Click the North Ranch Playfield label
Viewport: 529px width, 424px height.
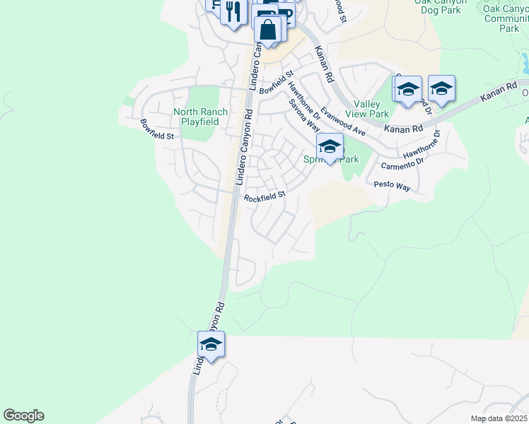click(x=200, y=117)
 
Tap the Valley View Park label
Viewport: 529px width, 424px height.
click(x=366, y=108)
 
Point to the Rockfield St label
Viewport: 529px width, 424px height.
click(x=264, y=197)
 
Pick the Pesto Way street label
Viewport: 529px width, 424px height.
click(x=393, y=186)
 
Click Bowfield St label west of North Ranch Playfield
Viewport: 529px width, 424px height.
click(x=156, y=128)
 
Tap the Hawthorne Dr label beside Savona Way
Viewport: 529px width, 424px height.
click(x=305, y=102)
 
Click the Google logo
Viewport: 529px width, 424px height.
click(x=23, y=416)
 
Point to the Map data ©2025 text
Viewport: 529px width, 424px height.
click(x=499, y=418)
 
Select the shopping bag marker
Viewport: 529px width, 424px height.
click(x=269, y=30)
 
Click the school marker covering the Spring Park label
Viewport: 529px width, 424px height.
click(x=330, y=147)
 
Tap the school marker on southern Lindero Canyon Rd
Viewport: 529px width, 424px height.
click(x=211, y=344)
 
